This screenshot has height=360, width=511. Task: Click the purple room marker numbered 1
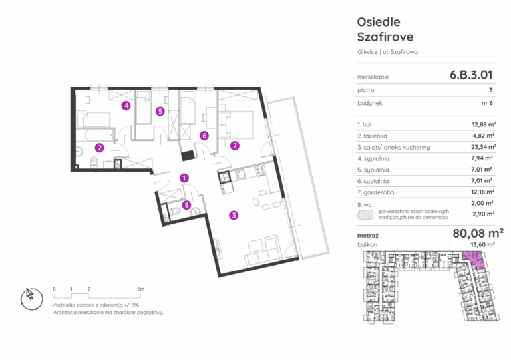coord(184,178)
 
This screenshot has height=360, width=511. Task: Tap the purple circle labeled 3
coord(234,215)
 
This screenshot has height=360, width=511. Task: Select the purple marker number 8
coord(186,204)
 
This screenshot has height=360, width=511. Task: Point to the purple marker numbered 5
coord(160,111)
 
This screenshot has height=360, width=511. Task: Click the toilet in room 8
coord(176,211)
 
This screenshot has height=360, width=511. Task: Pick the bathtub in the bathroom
coord(95,134)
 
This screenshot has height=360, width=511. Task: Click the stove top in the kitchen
coord(260,171)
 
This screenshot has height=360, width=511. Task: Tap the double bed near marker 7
coord(236,125)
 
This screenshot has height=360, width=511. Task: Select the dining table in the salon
coord(267,199)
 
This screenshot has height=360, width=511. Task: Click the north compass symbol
coord(32,298)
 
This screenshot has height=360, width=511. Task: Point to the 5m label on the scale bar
coord(140,289)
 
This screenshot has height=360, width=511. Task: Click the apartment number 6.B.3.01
coord(471,75)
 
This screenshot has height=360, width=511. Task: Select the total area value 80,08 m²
coord(478,234)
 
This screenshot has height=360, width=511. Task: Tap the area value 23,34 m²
coord(483,147)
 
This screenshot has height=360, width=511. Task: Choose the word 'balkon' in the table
coord(367,244)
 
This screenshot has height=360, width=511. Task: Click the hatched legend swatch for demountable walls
coord(365,214)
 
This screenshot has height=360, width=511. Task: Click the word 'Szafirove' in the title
coord(385,37)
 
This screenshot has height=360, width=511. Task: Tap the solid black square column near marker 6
coord(188,155)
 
